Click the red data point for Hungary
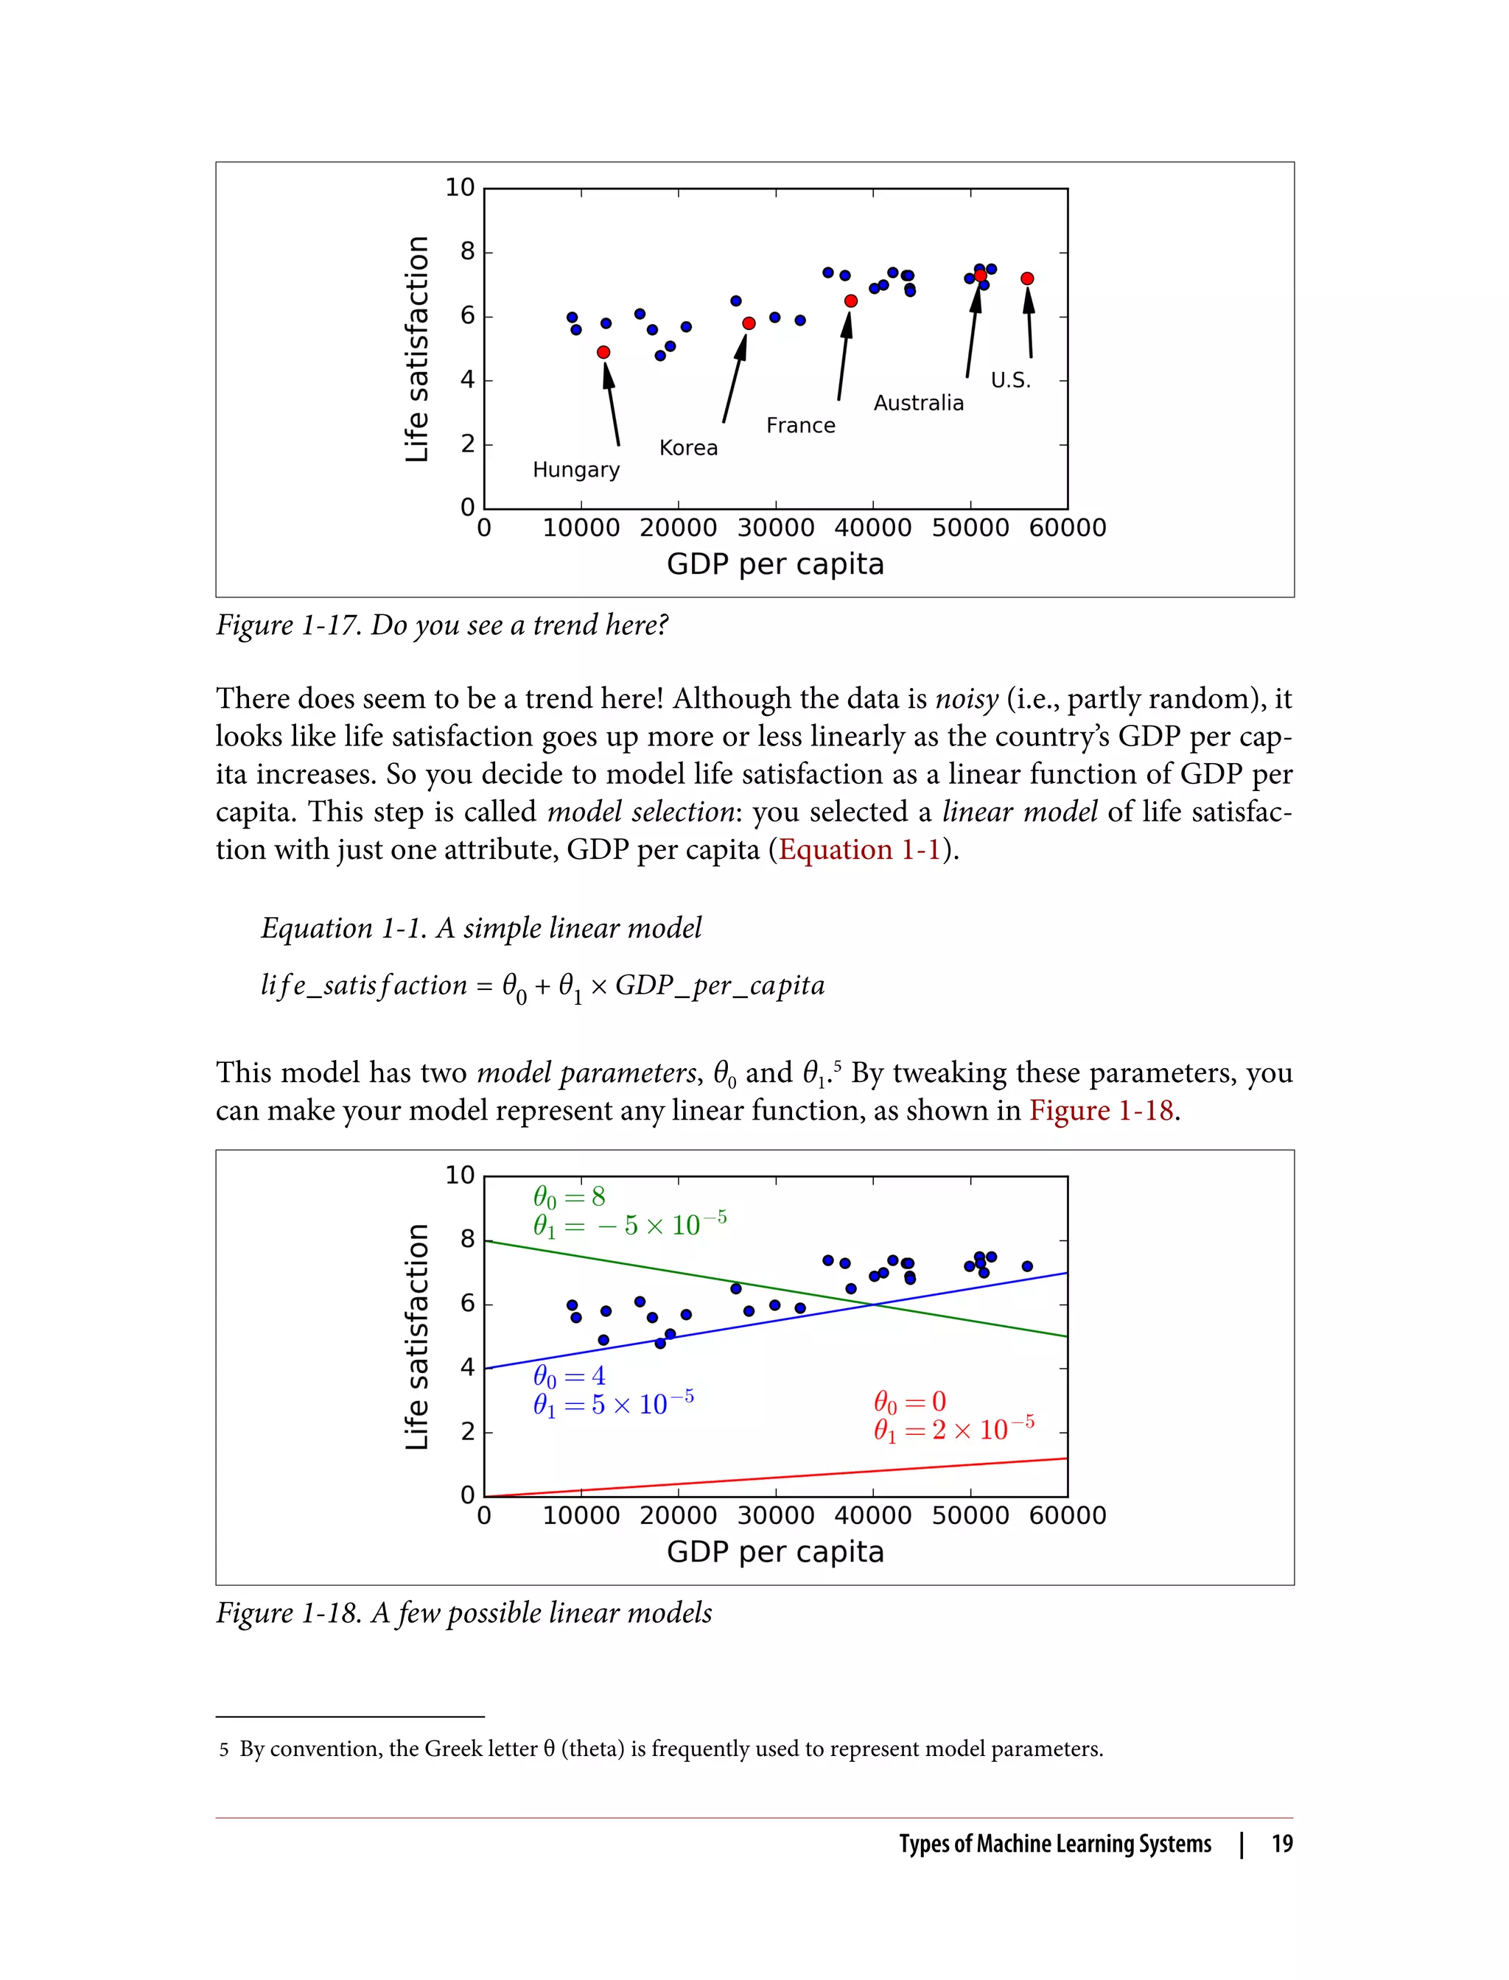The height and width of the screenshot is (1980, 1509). (603, 352)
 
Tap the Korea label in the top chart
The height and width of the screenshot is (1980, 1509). (688, 447)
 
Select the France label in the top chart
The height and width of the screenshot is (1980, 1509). (800, 425)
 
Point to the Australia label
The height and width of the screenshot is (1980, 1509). (918, 402)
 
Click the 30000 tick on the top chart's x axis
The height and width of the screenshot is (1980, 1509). (775, 528)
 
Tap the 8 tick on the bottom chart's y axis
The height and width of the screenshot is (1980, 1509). (467, 1239)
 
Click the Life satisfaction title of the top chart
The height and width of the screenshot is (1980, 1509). (416, 349)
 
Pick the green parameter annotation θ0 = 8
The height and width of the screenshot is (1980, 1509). (570, 1197)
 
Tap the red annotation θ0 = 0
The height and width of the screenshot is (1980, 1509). (910, 1402)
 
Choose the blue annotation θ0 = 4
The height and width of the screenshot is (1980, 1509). (570, 1377)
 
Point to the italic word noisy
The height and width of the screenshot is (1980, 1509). (967, 698)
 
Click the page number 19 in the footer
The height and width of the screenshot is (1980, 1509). (1282, 1844)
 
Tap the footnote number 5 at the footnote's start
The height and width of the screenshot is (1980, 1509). (224, 1749)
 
